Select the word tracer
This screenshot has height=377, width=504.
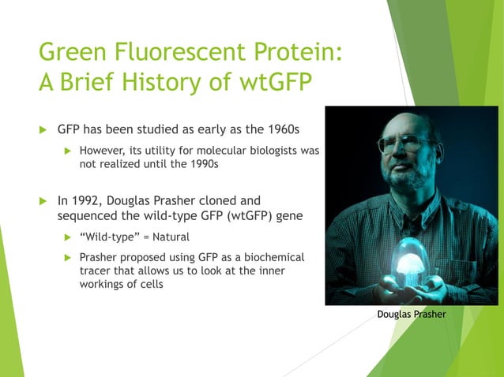96,271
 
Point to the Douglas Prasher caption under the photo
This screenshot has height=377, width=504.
412,314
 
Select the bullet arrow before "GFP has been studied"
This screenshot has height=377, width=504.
44,129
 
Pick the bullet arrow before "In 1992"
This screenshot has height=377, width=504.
44,200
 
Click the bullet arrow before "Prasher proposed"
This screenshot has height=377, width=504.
67,258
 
